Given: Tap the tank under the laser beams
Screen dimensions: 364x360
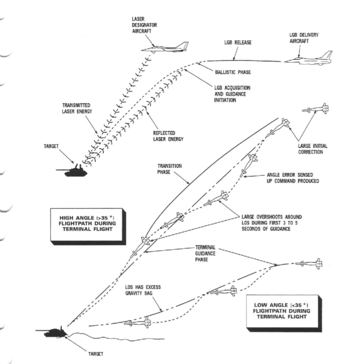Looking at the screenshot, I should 72,170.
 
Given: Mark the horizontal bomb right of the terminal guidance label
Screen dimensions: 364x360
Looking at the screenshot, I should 311,264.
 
